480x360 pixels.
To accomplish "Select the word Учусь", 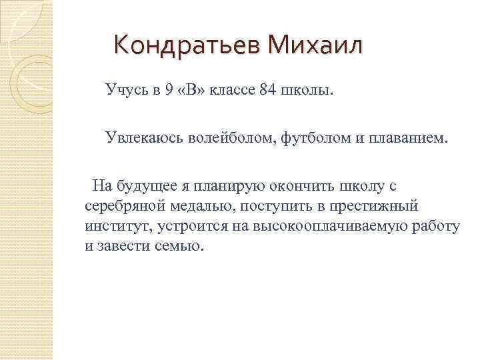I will [126, 90].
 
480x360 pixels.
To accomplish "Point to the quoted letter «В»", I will [191, 90].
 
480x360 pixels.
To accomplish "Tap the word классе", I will [233, 90].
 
